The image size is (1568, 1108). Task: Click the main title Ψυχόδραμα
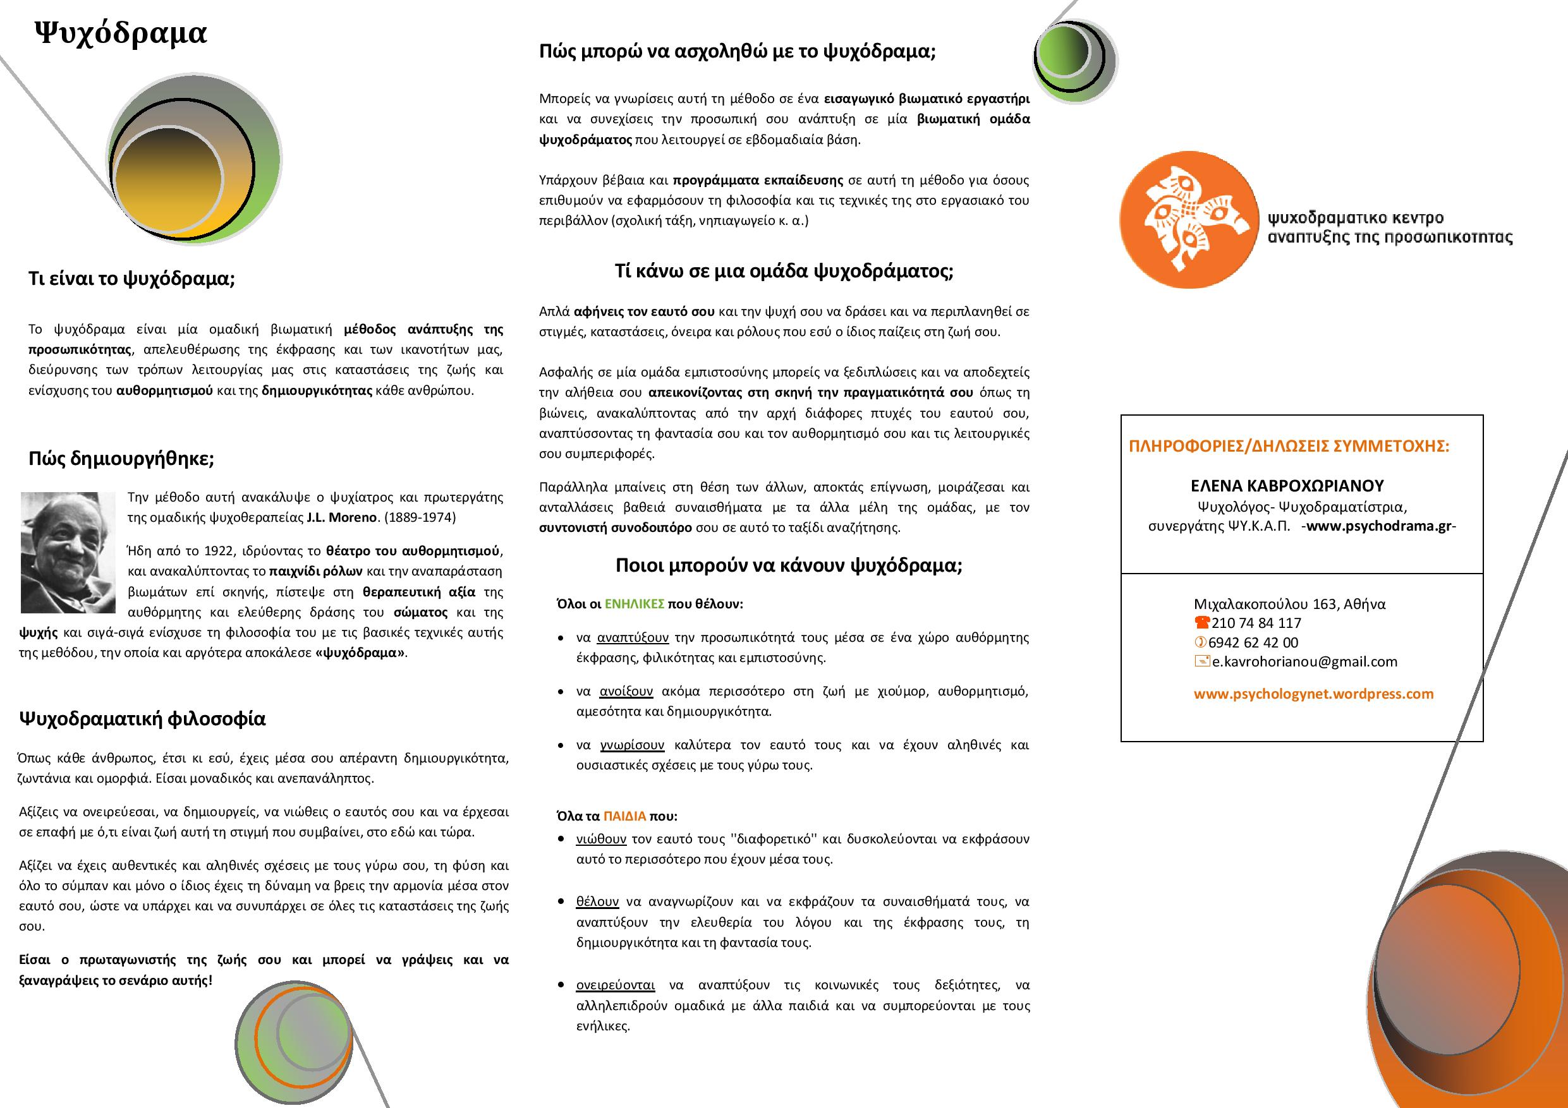121,33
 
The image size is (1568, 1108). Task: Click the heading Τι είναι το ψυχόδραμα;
132,279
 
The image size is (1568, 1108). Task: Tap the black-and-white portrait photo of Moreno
68,552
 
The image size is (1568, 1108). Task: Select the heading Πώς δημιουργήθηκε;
121,458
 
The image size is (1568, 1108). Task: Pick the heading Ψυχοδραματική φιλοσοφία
142,718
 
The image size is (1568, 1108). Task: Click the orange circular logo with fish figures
1189,220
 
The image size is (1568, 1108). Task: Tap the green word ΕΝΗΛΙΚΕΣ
635,604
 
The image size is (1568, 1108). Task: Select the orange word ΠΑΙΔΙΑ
625,816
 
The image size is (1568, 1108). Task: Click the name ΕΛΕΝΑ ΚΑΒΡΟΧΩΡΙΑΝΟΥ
1287,486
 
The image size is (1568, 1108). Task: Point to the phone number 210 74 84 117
1256,623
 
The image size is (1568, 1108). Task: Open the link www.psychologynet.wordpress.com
1313,694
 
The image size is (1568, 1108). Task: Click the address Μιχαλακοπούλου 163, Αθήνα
1289,603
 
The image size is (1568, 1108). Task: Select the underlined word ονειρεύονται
616,985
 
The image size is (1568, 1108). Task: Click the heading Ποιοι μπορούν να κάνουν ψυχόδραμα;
789,565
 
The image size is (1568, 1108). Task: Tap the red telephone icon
1202,623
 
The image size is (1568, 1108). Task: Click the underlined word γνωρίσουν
633,745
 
